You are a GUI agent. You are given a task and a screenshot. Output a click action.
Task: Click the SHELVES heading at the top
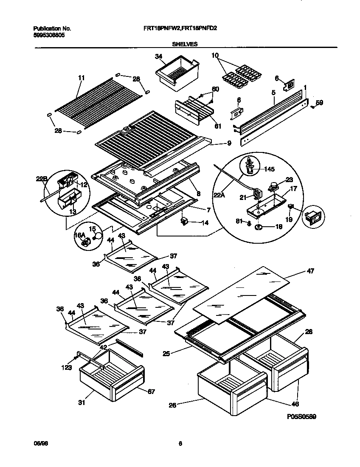click(184, 43)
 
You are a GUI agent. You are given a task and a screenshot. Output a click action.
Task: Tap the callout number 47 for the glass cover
click(310, 271)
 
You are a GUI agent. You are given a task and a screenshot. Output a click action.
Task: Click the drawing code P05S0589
click(301, 417)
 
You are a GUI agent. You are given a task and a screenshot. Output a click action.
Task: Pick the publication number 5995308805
click(49, 37)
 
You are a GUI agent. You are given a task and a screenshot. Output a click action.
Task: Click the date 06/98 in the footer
click(39, 444)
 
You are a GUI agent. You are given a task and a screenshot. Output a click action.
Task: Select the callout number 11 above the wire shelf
click(82, 78)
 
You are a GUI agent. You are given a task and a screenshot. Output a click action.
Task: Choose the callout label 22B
click(41, 179)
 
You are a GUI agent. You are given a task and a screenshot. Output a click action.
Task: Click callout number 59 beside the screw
click(319, 102)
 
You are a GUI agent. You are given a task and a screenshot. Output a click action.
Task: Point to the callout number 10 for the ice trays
click(214, 56)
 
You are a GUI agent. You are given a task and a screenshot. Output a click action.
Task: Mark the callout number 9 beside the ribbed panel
click(229, 143)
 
